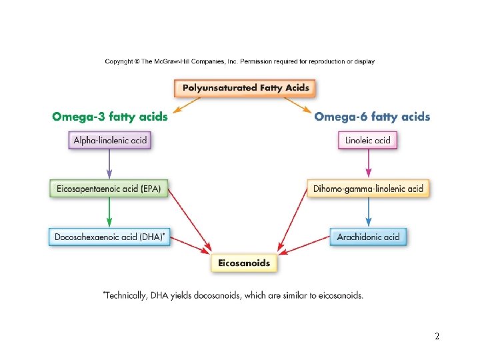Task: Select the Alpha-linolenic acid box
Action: pyautogui.click(x=109, y=140)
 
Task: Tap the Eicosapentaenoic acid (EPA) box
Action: pyautogui.click(x=109, y=188)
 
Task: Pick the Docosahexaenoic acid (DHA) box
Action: pyautogui.click(x=110, y=237)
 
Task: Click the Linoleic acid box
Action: pyautogui.click(x=368, y=140)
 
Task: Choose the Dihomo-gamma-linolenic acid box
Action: pyautogui.click(x=368, y=189)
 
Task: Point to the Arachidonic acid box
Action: pyautogui.click(x=368, y=237)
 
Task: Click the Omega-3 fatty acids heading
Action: pyautogui.click(x=110, y=117)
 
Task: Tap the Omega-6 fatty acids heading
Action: pyautogui.click(x=372, y=117)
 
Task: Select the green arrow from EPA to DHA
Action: pyautogui.click(x=109, y=213)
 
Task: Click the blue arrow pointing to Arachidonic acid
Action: pyautogui.click(x=368, y=213)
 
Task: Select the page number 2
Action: pyautogui.click(x=437, y=337)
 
